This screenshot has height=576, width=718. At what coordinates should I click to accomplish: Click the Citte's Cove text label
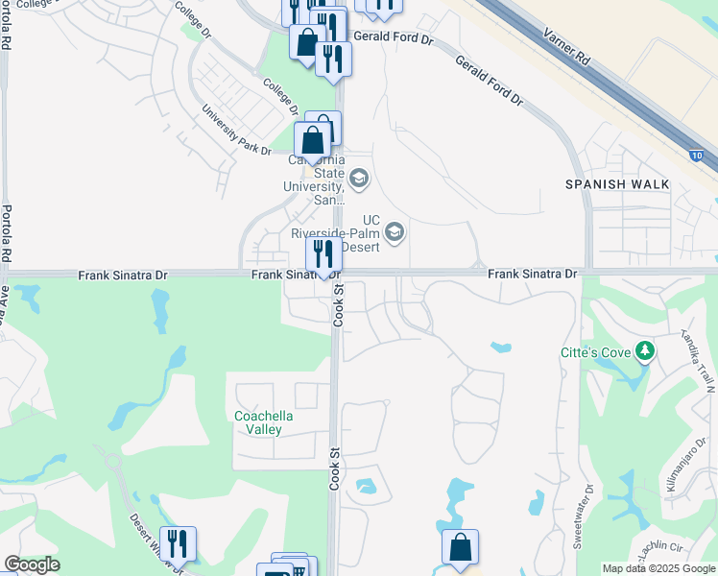click(596, 352)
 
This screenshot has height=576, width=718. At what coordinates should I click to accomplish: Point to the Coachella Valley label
click(264, 422)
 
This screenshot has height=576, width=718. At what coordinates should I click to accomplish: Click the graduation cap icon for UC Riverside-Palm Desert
click(394, 231)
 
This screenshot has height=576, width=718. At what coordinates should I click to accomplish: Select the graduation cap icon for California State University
click(358, 178)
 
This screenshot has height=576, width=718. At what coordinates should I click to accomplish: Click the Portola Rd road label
click(7, 235)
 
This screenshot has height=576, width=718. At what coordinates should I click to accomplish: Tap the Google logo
click(32, 564)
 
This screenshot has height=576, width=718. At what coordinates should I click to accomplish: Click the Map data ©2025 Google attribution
click(658, 568)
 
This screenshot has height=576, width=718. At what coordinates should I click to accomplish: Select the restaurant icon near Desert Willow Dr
click(178, 543)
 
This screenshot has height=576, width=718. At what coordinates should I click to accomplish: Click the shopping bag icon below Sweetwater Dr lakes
click(460, 547)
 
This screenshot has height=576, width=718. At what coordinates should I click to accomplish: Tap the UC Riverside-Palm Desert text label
click(337, 233)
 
